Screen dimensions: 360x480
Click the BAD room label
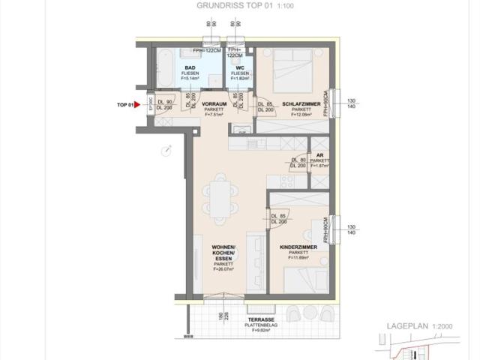190,67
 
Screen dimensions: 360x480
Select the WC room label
240,67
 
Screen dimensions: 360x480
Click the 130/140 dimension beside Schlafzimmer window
352,103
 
